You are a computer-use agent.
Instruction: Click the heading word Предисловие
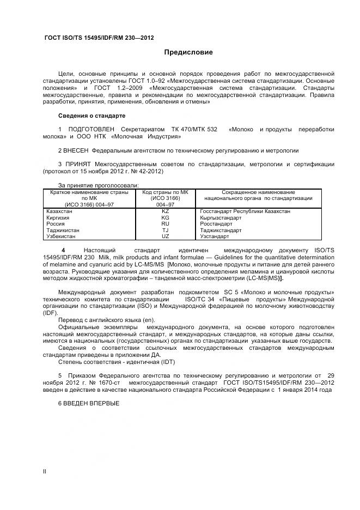click(x=188, y=52)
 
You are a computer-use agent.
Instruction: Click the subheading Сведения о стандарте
click(x=91, y=116)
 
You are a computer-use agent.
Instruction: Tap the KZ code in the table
click(x=166, y=210)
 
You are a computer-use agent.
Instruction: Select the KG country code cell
click(x=166, y=217)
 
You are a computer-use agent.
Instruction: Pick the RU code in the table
click(x=166, y=223)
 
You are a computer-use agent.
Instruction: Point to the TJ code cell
click(x=166, y=230)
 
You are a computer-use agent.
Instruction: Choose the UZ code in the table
click(x=166, y=236)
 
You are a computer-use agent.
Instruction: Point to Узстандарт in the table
click(x=215, y=236)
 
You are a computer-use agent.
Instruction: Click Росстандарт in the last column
click(x=216, y=223)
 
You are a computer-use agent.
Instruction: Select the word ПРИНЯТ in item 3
click(x=78, y=164)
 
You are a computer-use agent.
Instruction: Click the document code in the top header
click(x=99, y=38)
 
